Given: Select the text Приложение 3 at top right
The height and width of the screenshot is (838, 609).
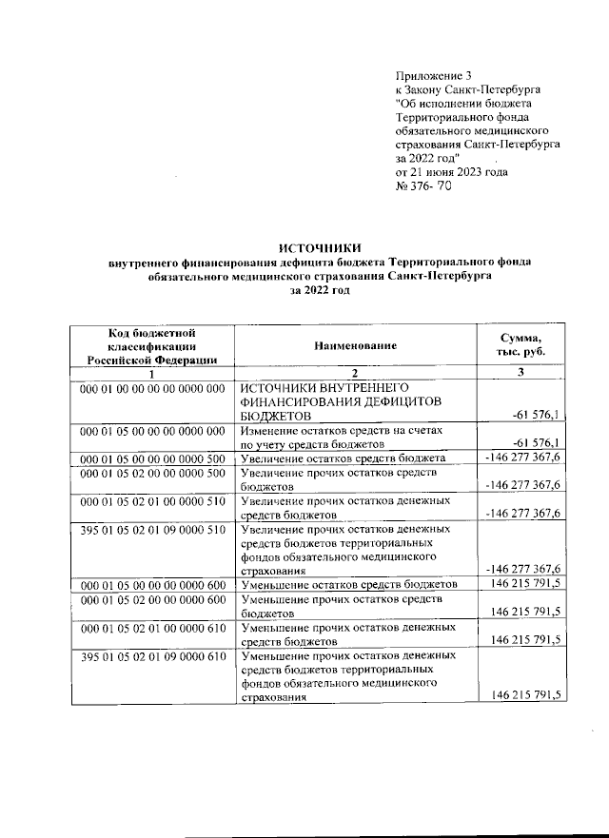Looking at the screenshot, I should (433, 74).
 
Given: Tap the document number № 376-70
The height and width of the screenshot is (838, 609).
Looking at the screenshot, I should (422, 186).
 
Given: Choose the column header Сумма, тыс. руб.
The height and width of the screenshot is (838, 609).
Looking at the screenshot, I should (521, 346).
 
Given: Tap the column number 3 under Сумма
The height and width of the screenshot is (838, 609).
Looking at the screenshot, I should (521, 373).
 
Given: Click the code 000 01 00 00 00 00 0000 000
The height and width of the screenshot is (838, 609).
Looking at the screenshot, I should (152, 388).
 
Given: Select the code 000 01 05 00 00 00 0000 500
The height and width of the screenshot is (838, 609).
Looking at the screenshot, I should (152, 458).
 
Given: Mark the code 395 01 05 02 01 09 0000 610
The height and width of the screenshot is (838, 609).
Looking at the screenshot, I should (152, 656).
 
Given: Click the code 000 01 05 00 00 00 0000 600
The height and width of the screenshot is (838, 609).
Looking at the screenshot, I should (152, 583).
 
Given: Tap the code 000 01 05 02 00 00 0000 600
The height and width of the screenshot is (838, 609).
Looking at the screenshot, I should (152, 600).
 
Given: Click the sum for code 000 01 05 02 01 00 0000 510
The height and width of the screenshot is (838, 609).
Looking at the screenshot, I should (522, 514).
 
